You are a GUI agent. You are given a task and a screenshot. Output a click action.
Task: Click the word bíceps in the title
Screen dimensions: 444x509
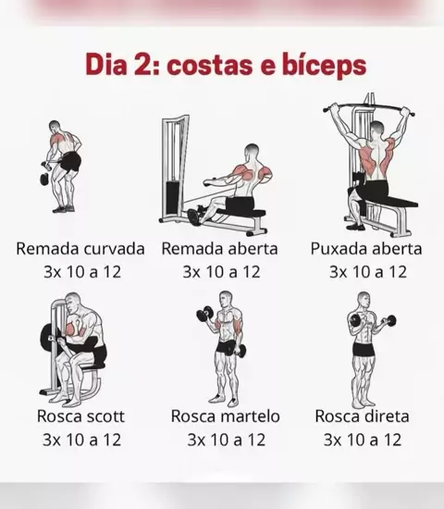click(x=324, y=66)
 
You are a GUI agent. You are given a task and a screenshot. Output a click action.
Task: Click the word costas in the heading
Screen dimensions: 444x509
click(x=210, y=66)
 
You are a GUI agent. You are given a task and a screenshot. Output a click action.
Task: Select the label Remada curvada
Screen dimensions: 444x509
click(x=80, y=249)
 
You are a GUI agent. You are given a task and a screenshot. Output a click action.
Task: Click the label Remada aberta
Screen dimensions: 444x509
click(x=220, y=249)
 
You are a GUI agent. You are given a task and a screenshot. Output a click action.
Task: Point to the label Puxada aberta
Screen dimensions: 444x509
click(x=366, y=249)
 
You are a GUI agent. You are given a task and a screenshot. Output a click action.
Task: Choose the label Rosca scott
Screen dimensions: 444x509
click(x=80, y=416)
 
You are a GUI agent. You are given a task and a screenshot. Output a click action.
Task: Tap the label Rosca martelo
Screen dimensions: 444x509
click(x=226, y=416)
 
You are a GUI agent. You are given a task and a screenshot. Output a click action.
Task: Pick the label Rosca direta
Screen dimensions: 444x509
click(x=362, y=416)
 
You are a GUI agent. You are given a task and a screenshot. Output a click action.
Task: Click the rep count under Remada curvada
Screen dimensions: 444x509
click(x=82, y=272)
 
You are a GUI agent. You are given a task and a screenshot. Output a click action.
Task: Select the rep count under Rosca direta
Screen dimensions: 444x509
click(x=363, y=440)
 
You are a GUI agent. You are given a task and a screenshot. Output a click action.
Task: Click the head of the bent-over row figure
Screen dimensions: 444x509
click(x=55, y=126)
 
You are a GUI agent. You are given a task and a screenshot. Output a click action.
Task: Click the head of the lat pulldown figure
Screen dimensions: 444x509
click(x=376, y=129)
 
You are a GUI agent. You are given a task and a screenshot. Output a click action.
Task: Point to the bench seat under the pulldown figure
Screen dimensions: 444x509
click(x=390, y=203)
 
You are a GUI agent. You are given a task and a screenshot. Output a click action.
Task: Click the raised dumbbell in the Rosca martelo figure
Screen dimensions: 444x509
click(x=204, y=314)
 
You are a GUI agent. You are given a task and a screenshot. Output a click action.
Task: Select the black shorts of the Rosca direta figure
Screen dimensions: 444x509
click(x=364, y=349)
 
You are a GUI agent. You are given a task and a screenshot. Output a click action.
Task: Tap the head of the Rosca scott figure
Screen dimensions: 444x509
click(x=73, y=302)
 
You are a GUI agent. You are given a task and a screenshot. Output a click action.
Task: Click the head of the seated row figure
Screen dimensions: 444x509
click(x=252, y=151)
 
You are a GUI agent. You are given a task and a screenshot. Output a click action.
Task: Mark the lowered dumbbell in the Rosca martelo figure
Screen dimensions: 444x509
click(x=240, y=351)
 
